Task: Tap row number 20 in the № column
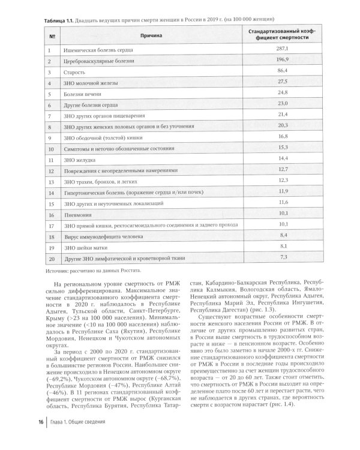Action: coord(52,258)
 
